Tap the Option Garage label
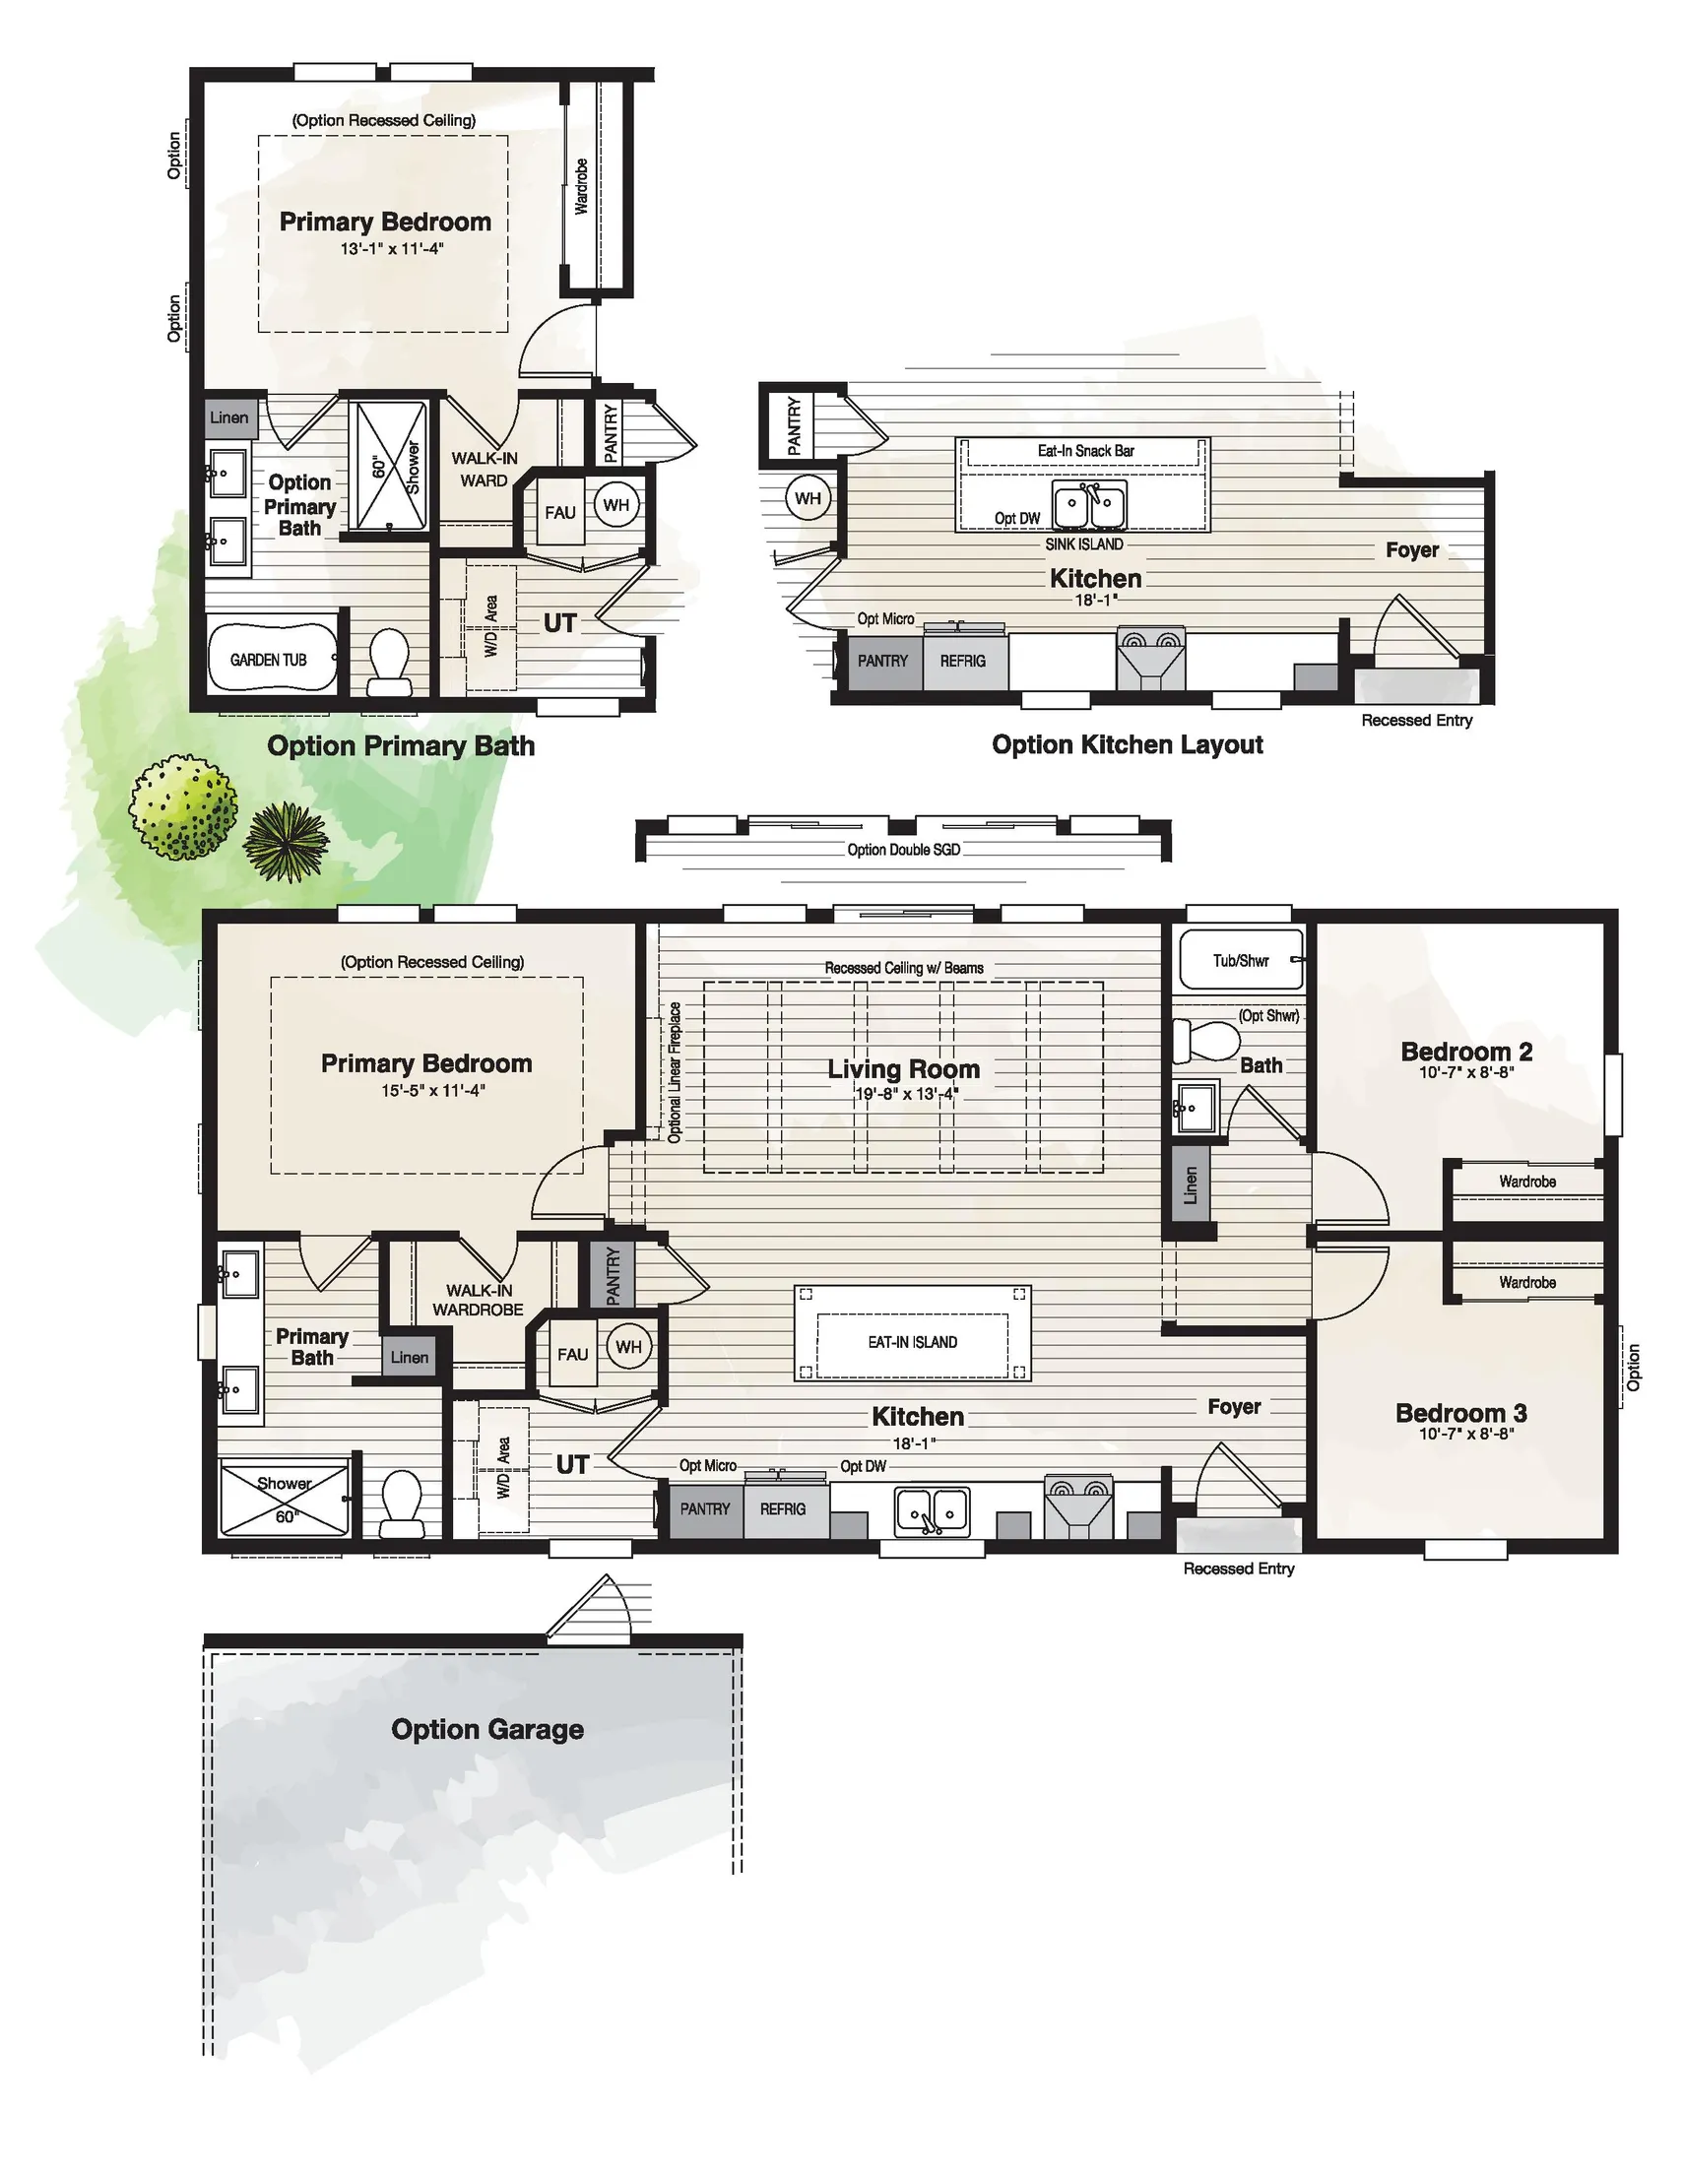[487, 1728]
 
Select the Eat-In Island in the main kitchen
[912, 1342]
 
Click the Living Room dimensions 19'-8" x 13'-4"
[907, 1094]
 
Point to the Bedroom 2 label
[1465, 1052]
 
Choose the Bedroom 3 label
[1460, 1412]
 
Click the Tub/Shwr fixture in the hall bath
[1241, 960]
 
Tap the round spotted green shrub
[183, 807]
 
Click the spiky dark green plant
[286, 842]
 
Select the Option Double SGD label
[903, 849]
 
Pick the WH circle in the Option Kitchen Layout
[809, 498]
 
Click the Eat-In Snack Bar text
[1085, 450]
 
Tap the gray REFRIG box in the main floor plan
[782, 1508]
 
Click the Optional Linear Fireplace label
[675, 1072]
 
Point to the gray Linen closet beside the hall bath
[1190, 1184]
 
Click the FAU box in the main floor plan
[572, 1354]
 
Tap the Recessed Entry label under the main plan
[1239, 1568]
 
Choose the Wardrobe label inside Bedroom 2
[1526, 1181]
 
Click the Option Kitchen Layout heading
[1127, 744]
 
